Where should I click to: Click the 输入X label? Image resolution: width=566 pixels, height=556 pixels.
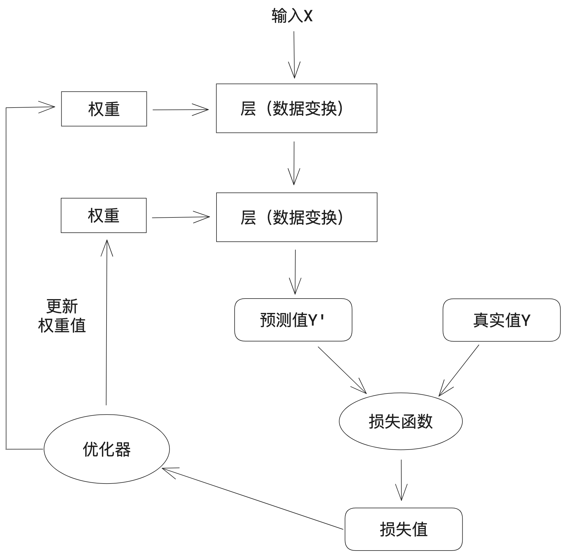(x=292, y=16)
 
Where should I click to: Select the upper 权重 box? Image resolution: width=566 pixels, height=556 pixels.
(x=104, y=109)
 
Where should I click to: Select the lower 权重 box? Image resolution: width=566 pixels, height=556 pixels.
(x=104, y=215)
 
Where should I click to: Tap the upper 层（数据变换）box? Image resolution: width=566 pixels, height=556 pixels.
(x=296, y=108)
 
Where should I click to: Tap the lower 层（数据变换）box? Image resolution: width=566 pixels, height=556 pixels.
(x=297, y=217)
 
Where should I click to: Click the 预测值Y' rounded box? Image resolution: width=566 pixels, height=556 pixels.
(x=293, y=320)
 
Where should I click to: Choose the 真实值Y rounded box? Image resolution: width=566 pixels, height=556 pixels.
(x=501, y=320)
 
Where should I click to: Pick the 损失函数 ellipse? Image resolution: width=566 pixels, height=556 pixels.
(x=400, y=421)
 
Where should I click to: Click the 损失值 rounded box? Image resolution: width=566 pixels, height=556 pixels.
(x=403, y=530)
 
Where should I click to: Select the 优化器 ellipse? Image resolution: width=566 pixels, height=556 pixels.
(x=107, y=449)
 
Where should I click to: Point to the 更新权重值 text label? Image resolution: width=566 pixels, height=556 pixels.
(x=62, y=316)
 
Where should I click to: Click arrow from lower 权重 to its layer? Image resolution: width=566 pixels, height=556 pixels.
(x=180, y=217)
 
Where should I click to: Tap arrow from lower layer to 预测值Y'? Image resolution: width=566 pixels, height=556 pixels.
(x=295, y=272)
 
